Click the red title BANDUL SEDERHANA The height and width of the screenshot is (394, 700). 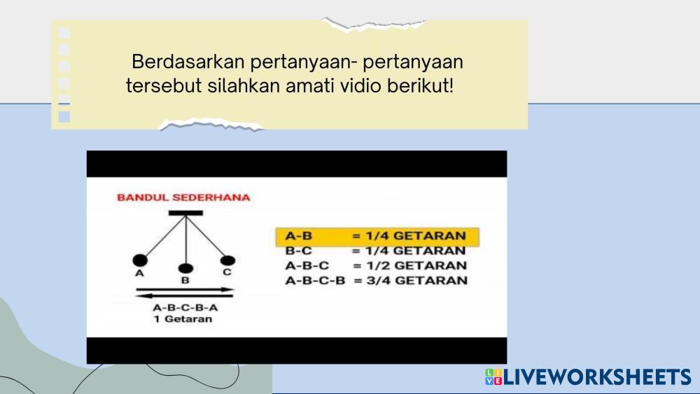pyautogui.click(x=183, y=197)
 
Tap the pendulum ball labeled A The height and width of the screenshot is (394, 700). pyautogui.click(x=140, y=260)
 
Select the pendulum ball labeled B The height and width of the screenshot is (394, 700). pyautogui.click(x=185, y=268)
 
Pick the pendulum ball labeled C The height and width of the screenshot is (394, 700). pyautogui.click(x=227, y=260)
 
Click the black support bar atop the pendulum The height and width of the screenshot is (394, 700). pyautogui.click(x=185, y=213)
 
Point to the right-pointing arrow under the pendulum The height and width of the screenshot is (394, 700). pyautogui.click(x=185, y=290)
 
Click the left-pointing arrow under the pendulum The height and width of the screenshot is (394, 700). pyautogui.click(x=184, y=295)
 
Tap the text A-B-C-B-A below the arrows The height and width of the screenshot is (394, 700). pyautogui.click(x=185, y=307)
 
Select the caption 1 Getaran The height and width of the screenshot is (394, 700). pyautogui.click(x=183, y=319)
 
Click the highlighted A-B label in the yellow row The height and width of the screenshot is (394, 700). pyautogui.click(x=299, y=236)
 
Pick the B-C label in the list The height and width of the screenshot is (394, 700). pyautogui.click(x=299, y=251)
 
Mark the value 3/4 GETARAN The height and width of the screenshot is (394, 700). pyautogui.click(x=417, y=280)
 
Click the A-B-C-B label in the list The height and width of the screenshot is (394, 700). pyautogui.click(x=315, y=280)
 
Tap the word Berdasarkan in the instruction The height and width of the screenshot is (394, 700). pyautogui.click(x=188, y=62)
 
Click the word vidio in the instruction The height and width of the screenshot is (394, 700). pyautogui.click(x=360, y=85)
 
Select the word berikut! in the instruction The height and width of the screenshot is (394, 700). pyautogui.click(x=420, y=85)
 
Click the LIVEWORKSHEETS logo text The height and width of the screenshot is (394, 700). pyautogui.click(x=597, y=377)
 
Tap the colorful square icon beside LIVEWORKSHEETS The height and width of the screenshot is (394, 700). pyautogui.click(x=493, y=377)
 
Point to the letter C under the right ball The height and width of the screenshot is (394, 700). pyautogui.click(x=227, y=272)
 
